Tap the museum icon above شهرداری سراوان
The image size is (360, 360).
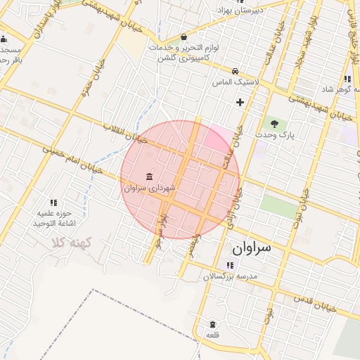(x=148, y=176)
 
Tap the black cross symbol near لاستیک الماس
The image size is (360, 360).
(x=240, y=102)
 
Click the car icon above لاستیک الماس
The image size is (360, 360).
(x=234, y=71)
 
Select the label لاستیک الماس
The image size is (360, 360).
(x=235, y=82)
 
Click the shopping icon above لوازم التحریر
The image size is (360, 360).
(x=184, y=37)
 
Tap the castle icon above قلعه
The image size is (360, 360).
(x=212, y=324)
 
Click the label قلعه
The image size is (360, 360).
(x=212, y=335)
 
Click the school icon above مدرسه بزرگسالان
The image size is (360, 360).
(x=230, y=265)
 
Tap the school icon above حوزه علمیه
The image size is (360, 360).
(x=53, y=202)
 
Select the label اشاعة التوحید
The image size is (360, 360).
(x=53, y=223)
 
